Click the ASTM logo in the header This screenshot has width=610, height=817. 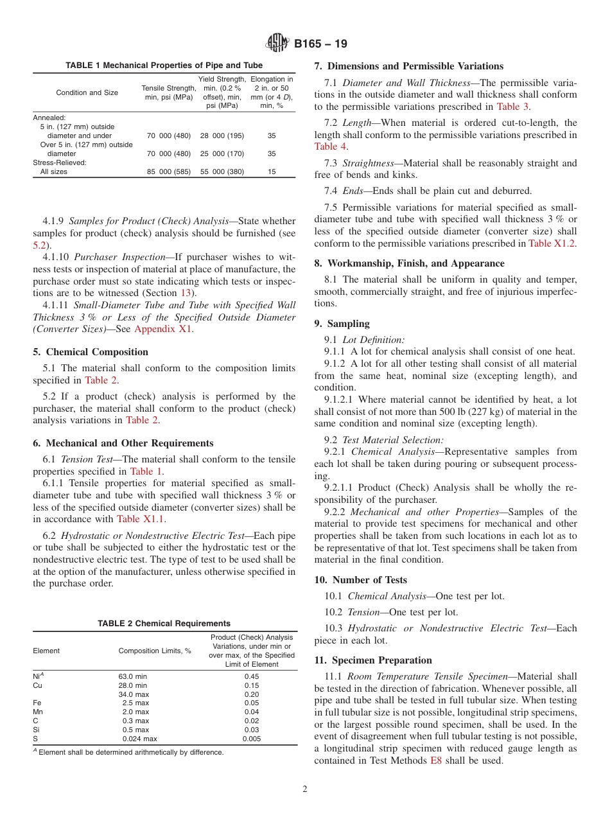point(277,44)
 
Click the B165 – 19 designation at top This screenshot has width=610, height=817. point(320,44)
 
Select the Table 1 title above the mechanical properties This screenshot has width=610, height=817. point(164,66)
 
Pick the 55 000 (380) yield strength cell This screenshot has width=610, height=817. point(222,171)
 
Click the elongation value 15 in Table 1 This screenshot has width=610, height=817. point(272,171)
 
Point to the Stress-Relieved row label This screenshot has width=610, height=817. point(59,163)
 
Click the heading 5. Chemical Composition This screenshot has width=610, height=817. point(91,352)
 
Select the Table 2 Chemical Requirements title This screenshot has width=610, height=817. point(164,623)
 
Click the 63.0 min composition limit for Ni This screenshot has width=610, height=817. point(133,676)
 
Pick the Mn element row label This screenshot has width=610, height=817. point(37,712)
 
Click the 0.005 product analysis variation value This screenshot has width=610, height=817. point(252,739)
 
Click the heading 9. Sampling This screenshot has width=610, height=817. point(342,324)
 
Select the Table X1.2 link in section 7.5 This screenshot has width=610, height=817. point(552,243)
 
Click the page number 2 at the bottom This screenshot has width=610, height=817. point(305,789)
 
